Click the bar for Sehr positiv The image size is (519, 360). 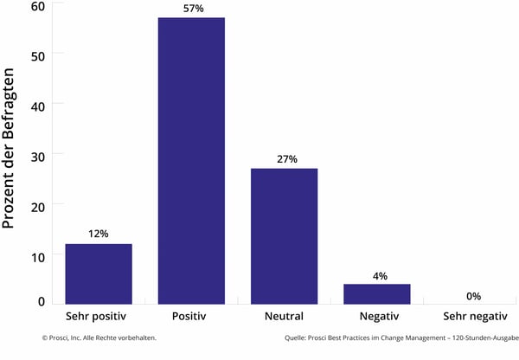(x=99, y=273)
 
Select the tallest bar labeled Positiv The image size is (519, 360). (x=191, y=161)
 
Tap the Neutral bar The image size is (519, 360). (x=284, y=235)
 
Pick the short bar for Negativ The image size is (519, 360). (x=376, y=293)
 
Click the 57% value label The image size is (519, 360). (x=191, y=9)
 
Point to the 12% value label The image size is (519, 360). (x=99, y=235)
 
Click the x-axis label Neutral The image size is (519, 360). (x=284, y=316)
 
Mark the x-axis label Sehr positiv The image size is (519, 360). (x=99, y=316)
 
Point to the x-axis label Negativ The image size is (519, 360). (x=376, y=316)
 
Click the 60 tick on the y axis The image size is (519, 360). (x=37, y=6)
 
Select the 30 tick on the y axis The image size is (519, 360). (x=37, y=154)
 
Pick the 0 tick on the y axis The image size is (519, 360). (x=41, y=301)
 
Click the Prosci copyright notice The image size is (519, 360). (x=99, y=338)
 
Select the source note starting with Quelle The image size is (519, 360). (x=400, y=338)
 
